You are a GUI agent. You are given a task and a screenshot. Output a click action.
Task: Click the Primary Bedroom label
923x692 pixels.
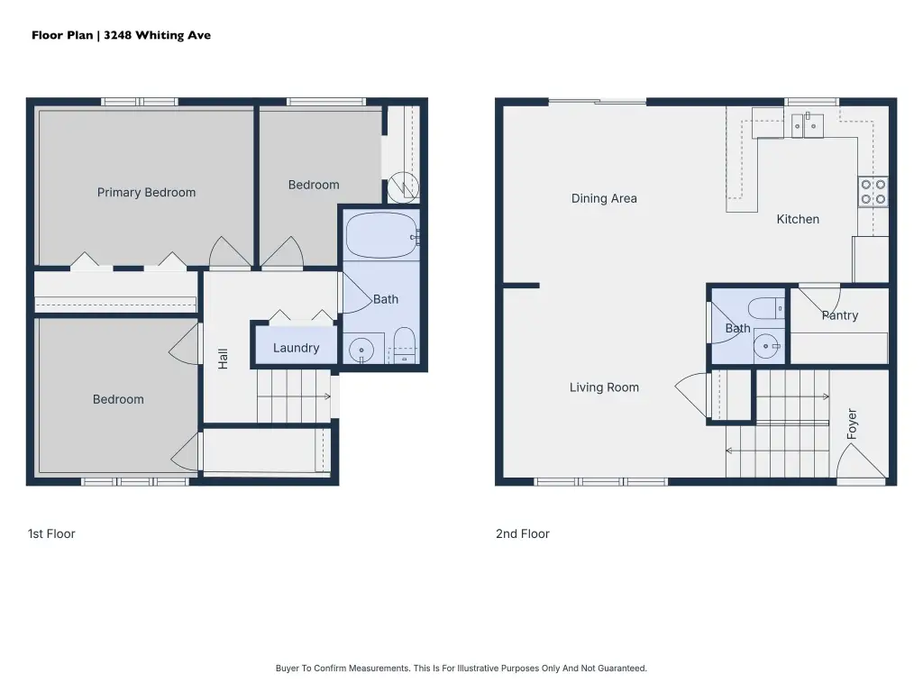point(146,193)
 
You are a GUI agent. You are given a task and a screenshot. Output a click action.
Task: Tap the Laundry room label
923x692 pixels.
point(296,348)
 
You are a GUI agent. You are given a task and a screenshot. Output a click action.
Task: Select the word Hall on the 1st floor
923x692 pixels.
point(223,359)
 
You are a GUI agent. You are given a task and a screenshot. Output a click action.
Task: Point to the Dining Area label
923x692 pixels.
point(604,198)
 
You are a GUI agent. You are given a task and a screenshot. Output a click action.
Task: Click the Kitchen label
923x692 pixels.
point(798,219)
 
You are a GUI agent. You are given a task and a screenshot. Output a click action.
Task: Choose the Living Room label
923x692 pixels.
point(604,387)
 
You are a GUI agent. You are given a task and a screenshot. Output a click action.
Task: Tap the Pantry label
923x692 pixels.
point(840,315)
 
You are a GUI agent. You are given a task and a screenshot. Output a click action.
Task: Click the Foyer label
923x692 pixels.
point(851,423)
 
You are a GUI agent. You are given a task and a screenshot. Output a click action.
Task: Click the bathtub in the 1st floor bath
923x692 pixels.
point(381,235)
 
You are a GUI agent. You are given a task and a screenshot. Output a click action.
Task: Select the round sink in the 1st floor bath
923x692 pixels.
point(361,351)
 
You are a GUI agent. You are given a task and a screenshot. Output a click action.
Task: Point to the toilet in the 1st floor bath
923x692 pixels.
point(405,345)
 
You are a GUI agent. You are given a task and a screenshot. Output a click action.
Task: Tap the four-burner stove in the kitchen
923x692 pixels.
point(873,192)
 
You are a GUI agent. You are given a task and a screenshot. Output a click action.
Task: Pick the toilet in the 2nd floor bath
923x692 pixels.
point(766,308)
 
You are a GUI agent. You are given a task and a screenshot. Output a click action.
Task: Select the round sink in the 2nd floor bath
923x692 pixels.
point(766,346)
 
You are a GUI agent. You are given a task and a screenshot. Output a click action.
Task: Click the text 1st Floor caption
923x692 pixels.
point(51,533)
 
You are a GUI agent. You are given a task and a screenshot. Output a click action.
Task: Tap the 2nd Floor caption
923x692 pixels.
point(522,533)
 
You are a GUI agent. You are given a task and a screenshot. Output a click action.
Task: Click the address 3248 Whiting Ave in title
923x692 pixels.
point(157,35)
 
